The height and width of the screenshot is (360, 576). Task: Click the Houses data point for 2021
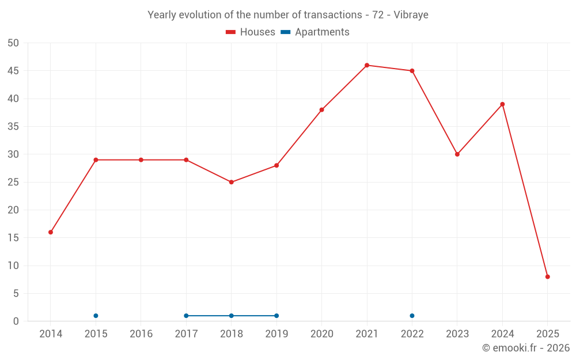click(367, 65)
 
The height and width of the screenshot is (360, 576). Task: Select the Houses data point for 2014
click(51, 232)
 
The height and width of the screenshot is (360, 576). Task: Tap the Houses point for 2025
click(548, 276)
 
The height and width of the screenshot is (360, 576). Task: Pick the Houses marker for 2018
click(232, 182)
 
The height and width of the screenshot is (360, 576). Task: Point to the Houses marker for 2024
click(502, 104)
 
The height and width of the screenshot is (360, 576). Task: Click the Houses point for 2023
click(457, 154)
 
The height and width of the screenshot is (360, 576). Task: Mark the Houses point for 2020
click(322, 109)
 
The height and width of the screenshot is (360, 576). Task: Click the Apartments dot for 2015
click(96, 316)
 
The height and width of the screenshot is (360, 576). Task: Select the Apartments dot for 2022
click(412, 316)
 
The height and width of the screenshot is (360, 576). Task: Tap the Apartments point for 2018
click(232, 316)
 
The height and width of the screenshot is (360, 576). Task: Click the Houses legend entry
click(251, 32)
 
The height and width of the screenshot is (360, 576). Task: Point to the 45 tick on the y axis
click(13, 71)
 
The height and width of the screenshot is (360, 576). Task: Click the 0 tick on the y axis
click(16, 321)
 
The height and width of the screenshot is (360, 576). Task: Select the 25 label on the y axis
click(13, 182)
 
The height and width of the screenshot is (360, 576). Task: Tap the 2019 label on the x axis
click(276, 334)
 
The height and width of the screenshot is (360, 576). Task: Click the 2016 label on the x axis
click(141, 334)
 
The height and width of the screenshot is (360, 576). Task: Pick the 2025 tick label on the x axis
click(548, 334)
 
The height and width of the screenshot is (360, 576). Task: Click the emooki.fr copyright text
click(525, 348)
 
